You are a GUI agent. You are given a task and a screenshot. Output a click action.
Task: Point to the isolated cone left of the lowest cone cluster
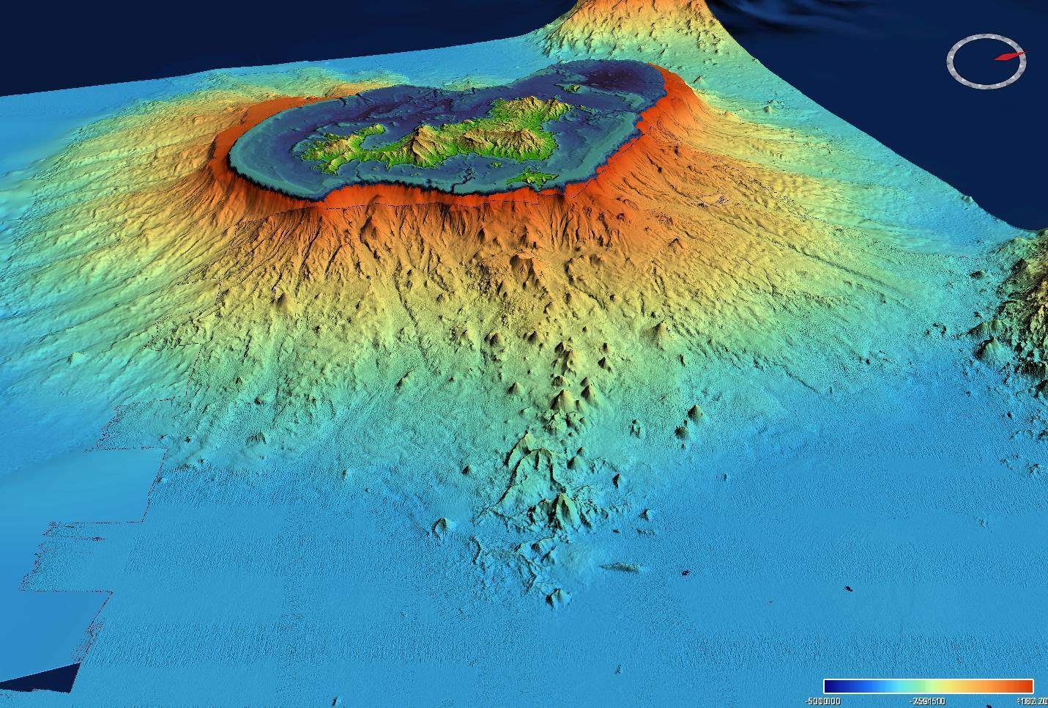click(442, 524)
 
